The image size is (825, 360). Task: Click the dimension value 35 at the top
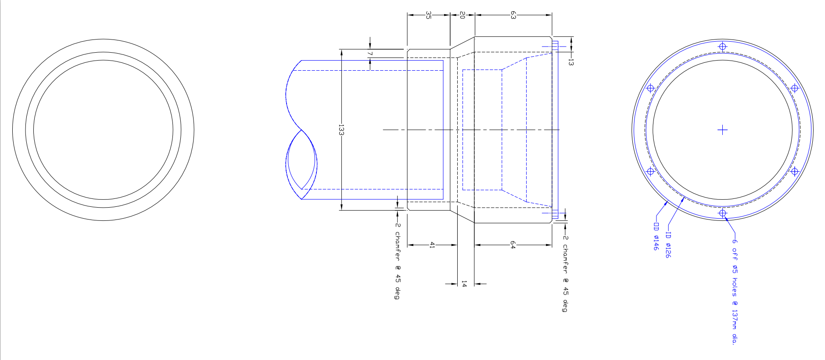click(x=428, y=15)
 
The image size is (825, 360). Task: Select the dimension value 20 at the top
click(x=462, y=15)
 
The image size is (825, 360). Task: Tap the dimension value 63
click(x=513, y=15)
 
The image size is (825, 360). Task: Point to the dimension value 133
click(x=341, y=130)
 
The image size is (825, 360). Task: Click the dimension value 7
click(x=370, y=54)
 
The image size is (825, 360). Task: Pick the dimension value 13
click(x=571, y=62)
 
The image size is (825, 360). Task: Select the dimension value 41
click(x=432, y=245)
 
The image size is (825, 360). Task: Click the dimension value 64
click(x=513, y=245)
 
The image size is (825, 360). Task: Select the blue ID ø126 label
click(x=668, y=245)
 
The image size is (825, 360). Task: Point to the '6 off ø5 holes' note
click(x=734, y=290)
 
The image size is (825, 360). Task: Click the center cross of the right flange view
click(x=722, y=130)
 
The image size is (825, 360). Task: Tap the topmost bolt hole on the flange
click(x=722, y=47)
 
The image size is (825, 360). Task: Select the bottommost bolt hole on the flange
click(x=722, y=213)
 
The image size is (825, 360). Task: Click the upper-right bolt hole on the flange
click(x=794, y=88)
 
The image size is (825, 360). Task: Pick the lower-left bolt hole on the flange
click(x=650, y=171)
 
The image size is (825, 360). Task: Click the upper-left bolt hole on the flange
click(x=650, y=88)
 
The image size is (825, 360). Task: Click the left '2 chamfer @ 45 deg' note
click(x=397, y=261)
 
